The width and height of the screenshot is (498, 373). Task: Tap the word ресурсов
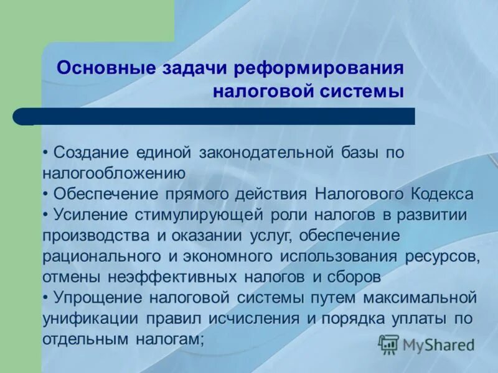pyautogui.click(x=441, y=257)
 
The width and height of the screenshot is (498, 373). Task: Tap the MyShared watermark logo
pyautogui.click(x=426, y=344)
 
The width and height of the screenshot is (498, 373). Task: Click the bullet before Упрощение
pyautogui.click(x=47, y=298)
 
